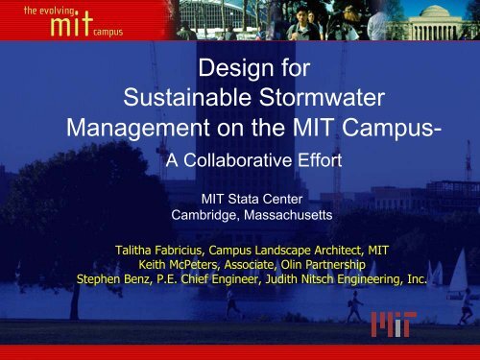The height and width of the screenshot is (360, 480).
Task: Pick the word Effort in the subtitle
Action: coord(317,161)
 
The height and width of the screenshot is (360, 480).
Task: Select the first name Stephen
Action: coord(99,276)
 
